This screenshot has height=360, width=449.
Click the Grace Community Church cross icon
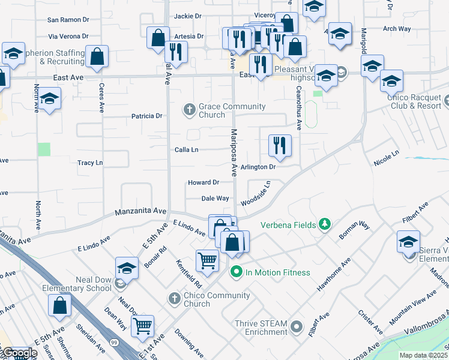[x=190, y=109]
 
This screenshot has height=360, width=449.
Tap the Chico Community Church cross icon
[x=175, y=298]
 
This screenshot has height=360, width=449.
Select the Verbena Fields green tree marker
[x=325, y=224]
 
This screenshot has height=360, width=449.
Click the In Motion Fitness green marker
[x=236, y=272]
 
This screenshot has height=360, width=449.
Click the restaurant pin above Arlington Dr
[x=280, y=146]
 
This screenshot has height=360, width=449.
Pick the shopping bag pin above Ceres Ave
[x=97, y=58]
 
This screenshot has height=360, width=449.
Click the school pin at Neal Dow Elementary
[x=127, y=268]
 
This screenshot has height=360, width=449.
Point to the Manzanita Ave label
[x=140, y=211]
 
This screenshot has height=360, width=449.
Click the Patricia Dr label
[x=147, y=116]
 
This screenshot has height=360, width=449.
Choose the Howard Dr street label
[x=203, y=182]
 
